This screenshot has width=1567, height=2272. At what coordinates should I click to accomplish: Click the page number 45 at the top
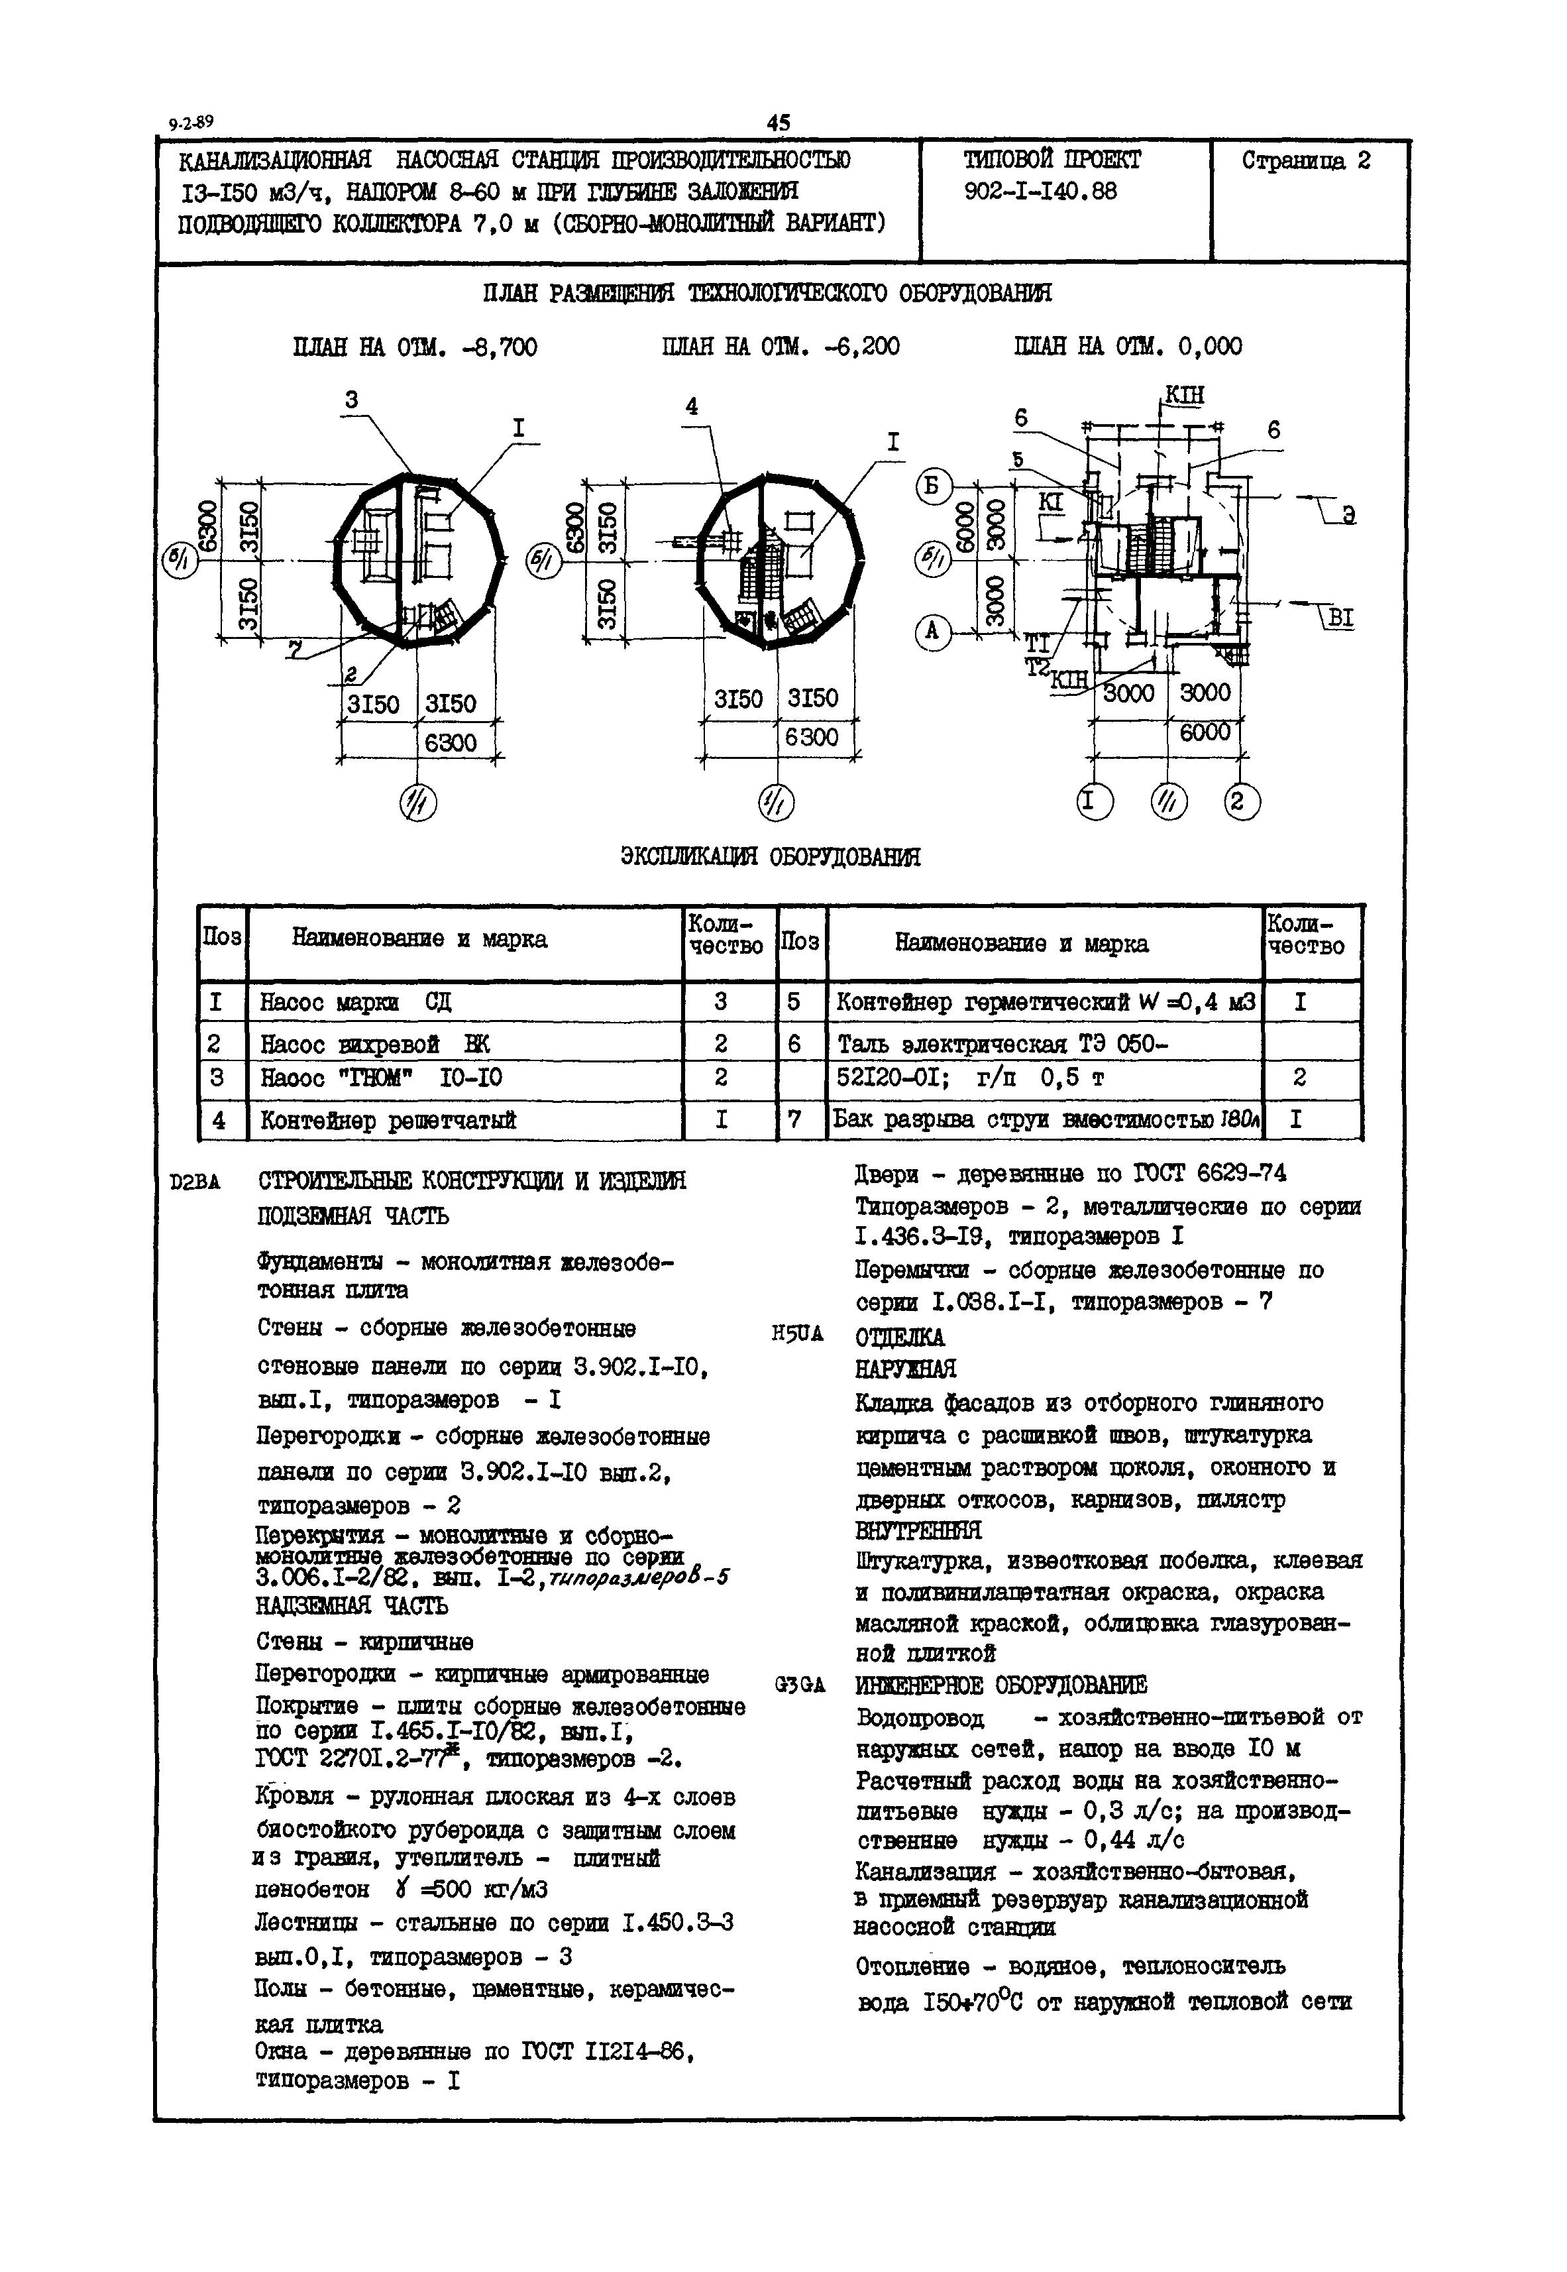tap(778, 123)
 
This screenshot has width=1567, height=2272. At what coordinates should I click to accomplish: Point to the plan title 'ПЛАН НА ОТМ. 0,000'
tap(1127, 347)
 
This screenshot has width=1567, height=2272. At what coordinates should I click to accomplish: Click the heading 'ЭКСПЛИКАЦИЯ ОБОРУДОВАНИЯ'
tap(771, 856)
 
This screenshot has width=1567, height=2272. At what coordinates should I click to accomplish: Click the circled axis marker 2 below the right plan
tap(1241, 802)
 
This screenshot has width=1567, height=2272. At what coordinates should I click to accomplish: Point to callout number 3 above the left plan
tap(351, 400)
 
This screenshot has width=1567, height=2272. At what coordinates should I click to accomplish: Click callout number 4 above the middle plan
tap(692, 406)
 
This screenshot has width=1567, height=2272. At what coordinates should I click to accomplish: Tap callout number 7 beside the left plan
tap(295, 649)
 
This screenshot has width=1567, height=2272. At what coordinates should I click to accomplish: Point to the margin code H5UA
tap(797, 1334)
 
